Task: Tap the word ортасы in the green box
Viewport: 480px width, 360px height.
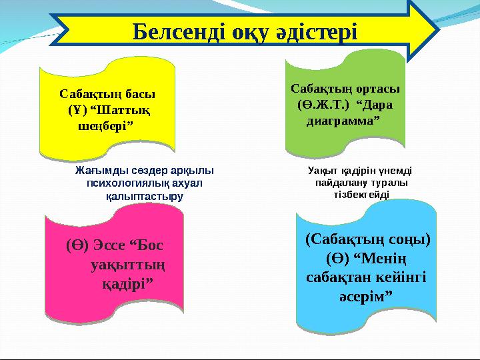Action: pos(376,89)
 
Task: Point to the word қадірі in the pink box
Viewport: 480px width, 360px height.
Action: pos(125,283)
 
